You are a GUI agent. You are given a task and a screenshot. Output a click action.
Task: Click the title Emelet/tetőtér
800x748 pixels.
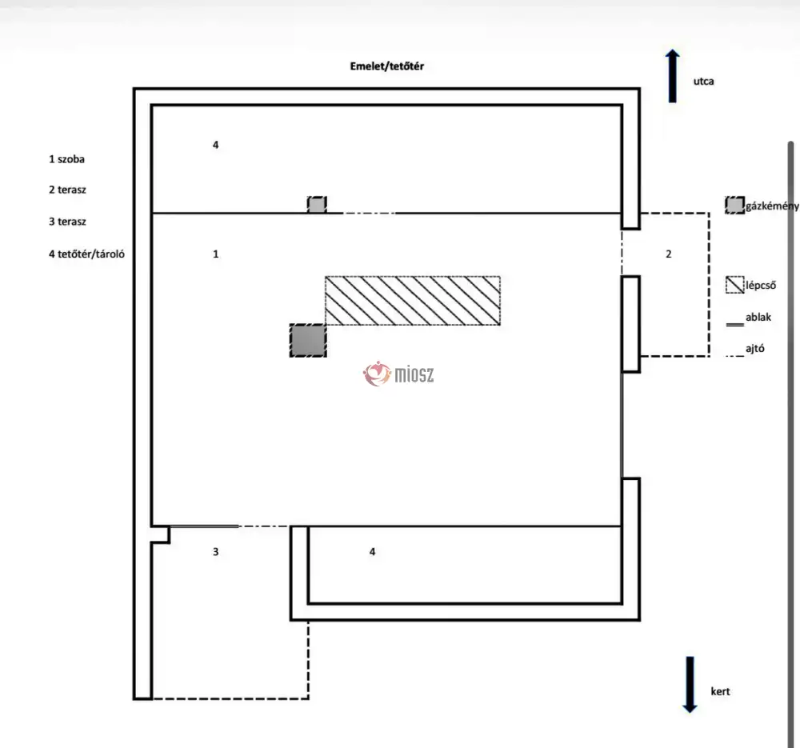[386, 66]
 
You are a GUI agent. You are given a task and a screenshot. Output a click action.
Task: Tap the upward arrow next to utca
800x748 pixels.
[673, 76]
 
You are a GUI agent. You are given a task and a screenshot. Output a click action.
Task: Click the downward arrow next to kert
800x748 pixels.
[690, 684]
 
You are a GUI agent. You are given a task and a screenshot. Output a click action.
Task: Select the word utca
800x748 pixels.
[704, 81]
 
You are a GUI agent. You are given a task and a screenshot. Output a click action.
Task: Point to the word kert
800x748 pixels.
[720, 691]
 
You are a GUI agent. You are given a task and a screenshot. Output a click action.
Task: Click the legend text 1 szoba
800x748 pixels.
[66, 159]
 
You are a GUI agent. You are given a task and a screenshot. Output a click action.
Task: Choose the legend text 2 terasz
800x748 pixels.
[67, 190]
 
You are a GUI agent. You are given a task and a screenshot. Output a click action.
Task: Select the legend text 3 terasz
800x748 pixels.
[67, 222]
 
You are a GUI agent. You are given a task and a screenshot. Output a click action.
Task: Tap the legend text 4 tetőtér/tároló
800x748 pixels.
[88, 254]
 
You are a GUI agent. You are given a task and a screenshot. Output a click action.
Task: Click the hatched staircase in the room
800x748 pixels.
[413, 301]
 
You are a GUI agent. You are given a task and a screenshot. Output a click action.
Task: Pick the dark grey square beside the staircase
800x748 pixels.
[308, 340]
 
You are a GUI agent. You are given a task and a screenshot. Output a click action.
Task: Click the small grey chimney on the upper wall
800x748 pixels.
[317, 205]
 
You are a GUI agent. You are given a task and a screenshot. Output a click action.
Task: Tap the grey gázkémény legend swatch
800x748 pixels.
[734, 205]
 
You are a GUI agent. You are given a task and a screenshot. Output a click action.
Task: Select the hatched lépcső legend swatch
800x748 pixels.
[734, 284]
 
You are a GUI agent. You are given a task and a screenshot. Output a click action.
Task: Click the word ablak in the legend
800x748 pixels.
[758, 318]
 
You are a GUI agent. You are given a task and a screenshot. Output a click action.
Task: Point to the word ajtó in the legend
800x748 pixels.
[755, 349]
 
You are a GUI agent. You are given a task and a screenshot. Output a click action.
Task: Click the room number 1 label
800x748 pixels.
[216, 254]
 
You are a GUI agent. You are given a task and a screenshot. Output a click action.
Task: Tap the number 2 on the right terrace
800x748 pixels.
[669, 254]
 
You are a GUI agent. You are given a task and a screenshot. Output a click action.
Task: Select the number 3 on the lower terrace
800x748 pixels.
[216, 552]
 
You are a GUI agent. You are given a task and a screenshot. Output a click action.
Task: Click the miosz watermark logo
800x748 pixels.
[399, 373]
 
